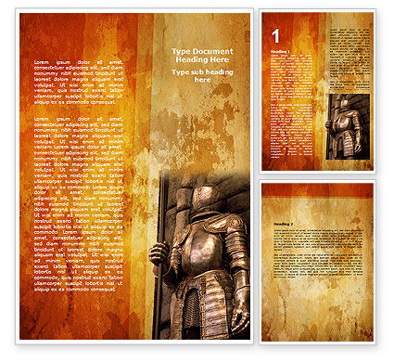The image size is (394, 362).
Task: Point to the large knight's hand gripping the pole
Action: (159, 253)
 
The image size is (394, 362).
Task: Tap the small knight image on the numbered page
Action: (348, 126)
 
